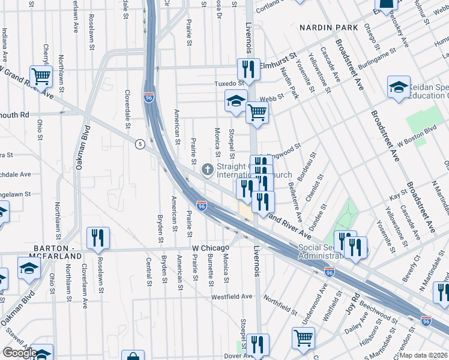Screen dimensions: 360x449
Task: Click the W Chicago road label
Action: tap(211, 248)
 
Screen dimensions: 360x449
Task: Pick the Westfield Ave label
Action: tap(232, 296)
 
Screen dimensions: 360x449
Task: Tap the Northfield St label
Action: tap(280, 308)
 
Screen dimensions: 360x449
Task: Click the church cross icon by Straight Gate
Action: tap(208, 170)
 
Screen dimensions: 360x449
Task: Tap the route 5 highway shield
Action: tap(139, 144)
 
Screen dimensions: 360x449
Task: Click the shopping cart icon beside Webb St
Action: tap(257, 111)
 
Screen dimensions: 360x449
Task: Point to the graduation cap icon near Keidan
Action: tap(399, 87)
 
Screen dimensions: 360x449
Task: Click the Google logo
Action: tap(19, 353)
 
